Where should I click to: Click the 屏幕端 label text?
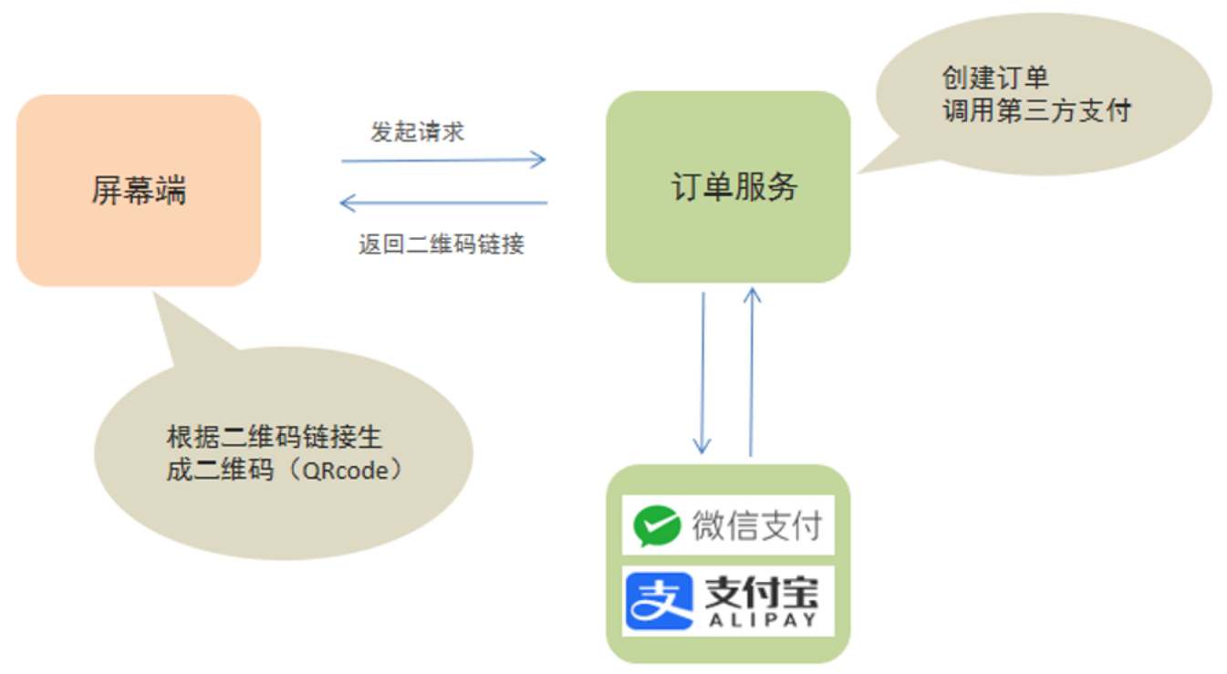[x=139, y=191]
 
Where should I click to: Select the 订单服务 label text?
[x=734, y=186]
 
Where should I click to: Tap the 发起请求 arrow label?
[x=417, y=131]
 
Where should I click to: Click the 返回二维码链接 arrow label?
[x=442, y=244]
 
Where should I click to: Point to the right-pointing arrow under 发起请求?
[x=443, y=161]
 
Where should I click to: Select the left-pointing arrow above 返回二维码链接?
[x=443, y=202]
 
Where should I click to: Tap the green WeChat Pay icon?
[x=657, y=525]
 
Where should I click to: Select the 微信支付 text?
[x=757, y=525]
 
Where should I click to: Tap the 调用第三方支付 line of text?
[x=1036, y=110]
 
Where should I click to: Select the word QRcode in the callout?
[x=352, y=472]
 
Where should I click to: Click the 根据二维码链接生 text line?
[x=274, y=438]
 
